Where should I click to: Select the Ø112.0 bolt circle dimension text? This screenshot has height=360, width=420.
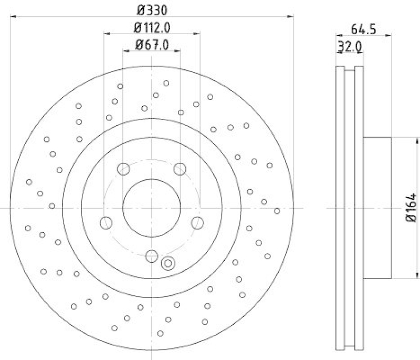point(152,27)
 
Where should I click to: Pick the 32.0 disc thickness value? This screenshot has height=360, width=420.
point(350,47)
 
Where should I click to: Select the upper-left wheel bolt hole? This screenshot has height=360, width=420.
point(123,169)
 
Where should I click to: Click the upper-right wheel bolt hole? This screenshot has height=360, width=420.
point(180,169)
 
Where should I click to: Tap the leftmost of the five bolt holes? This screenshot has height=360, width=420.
point(106,222)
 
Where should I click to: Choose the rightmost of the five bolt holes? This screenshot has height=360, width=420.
point(197,222)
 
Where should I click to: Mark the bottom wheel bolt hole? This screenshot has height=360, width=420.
point(152,256)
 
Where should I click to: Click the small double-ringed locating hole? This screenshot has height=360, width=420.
point(169,263)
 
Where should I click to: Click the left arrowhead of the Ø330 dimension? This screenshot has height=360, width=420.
point(13,16)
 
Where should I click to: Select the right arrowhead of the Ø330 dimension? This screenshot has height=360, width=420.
point(291,16)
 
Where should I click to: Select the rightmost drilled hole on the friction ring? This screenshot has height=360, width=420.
point(277,211)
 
